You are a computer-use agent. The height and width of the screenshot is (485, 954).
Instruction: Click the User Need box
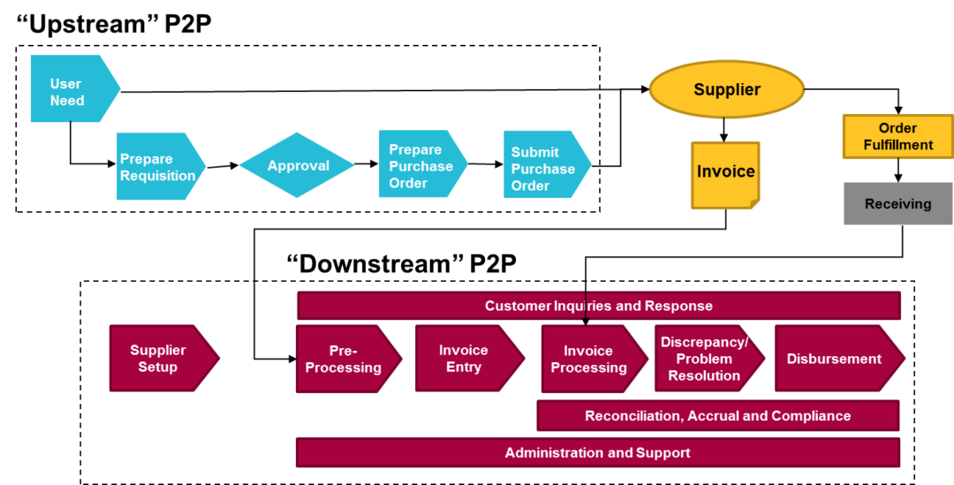coord(71,89)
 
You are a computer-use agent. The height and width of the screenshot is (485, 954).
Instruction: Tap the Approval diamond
coord(297,165)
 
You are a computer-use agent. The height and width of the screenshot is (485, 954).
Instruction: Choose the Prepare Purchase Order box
coord(419,164)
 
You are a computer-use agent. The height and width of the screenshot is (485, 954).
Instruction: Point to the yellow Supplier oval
coord(726,89)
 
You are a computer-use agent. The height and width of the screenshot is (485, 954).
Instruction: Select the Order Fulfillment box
coord(897,136)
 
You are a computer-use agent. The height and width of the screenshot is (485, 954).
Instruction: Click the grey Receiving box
coord(897,204)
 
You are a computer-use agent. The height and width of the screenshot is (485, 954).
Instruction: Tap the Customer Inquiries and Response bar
coord(598,306)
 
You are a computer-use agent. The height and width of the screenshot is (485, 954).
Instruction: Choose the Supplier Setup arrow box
coord(159,359)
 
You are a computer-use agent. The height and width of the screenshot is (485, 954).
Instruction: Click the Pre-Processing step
coord(344,359)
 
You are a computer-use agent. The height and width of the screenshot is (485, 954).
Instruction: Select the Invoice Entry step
coord(465,359)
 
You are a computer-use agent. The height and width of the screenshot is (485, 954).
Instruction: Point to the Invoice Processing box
coord(589,359)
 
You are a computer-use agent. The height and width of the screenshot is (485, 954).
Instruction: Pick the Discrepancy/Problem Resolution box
coord(704,359)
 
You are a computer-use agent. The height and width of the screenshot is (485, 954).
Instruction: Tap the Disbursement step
coord(834,359)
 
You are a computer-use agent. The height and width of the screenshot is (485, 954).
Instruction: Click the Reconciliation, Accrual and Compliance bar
coord(717,415)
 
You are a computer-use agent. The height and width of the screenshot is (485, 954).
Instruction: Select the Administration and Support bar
coord(597,452)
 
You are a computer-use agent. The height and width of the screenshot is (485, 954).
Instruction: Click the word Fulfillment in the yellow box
coord(898,145)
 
